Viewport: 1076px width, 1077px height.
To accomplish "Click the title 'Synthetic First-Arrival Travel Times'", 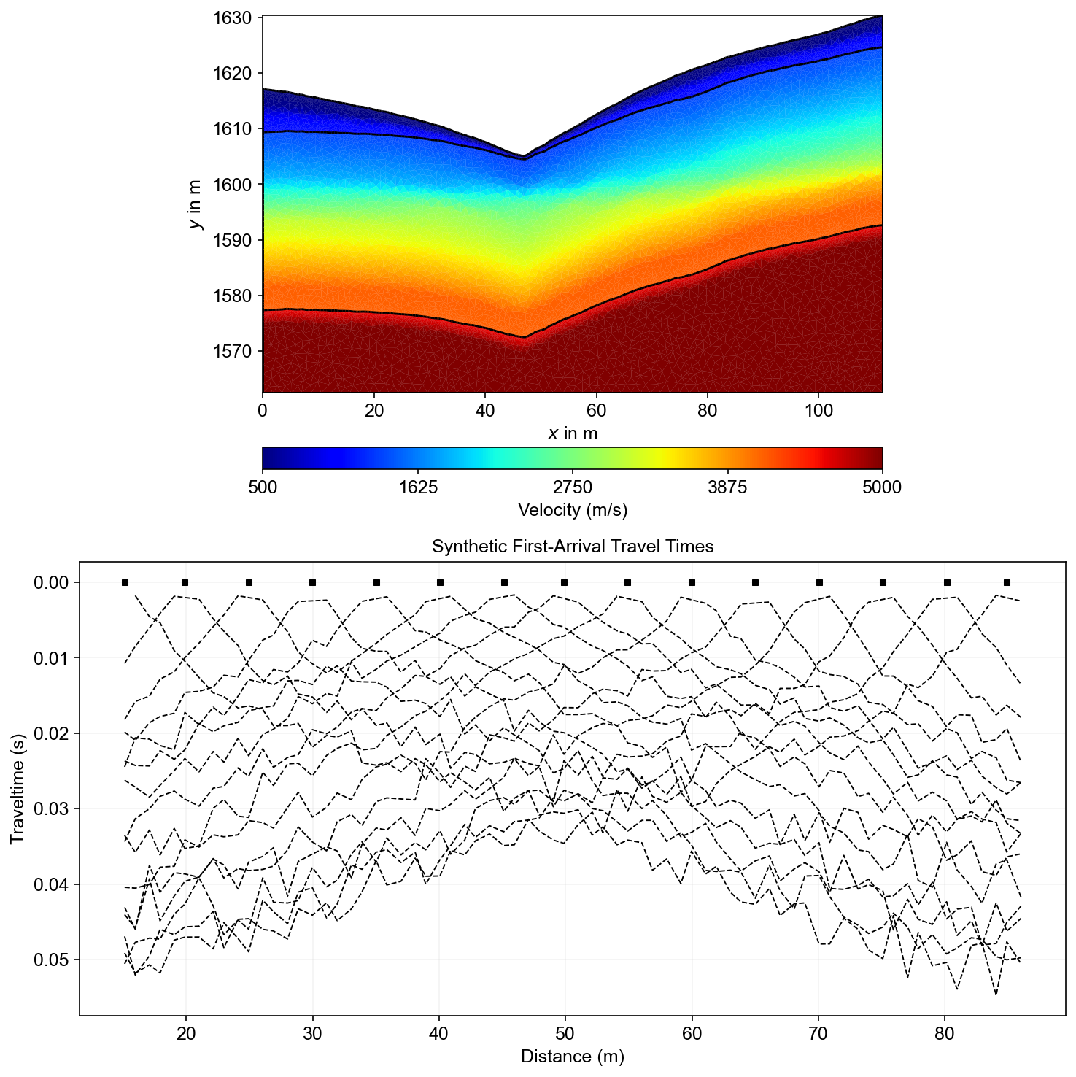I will tap(572, 547).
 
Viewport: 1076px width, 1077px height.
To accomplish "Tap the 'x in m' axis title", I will tap(572, 433).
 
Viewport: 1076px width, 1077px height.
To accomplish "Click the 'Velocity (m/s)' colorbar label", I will tap(572, 509).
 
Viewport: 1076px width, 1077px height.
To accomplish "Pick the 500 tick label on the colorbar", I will tap(263, 487).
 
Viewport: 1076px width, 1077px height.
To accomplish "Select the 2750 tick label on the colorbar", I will tap(572, 487).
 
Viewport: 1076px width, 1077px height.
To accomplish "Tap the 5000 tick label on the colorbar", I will tap(882, 487).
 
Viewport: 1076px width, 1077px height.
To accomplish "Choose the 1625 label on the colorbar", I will tap(417, 487).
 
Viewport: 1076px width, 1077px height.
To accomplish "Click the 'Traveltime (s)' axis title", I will tap(18, 789).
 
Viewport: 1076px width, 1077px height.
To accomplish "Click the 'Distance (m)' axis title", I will tap(572, 1056).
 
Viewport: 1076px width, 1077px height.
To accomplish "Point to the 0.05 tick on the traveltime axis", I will tap(50, 960).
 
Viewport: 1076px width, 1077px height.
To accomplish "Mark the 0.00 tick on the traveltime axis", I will tap(50, 582).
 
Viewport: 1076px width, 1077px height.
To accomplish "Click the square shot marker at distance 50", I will tap(565, 582).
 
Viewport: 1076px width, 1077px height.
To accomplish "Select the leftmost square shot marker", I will tap(125, 582).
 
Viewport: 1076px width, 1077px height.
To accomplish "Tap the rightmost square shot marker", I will tap(1007, 582).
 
